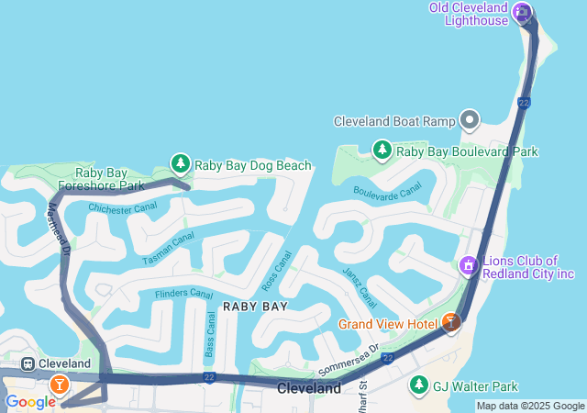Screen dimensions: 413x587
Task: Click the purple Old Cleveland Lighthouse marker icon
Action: pos(522,12)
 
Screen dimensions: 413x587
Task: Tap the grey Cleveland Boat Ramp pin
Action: pos(471,120)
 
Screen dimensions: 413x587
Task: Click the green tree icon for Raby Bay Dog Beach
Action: pos(180,164)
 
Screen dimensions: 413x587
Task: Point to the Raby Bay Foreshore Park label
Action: pos(110,179)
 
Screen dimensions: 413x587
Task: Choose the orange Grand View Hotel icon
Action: pos(450,323)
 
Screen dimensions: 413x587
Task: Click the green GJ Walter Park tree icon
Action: pos(419,385)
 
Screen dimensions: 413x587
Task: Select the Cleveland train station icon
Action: pos(28,363)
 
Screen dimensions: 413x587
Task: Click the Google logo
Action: pos(29,402)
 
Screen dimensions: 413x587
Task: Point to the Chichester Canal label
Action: pos(123,208)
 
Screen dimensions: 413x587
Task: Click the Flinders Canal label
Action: pos(183,294)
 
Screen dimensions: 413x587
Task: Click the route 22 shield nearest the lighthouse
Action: pos(524,104)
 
